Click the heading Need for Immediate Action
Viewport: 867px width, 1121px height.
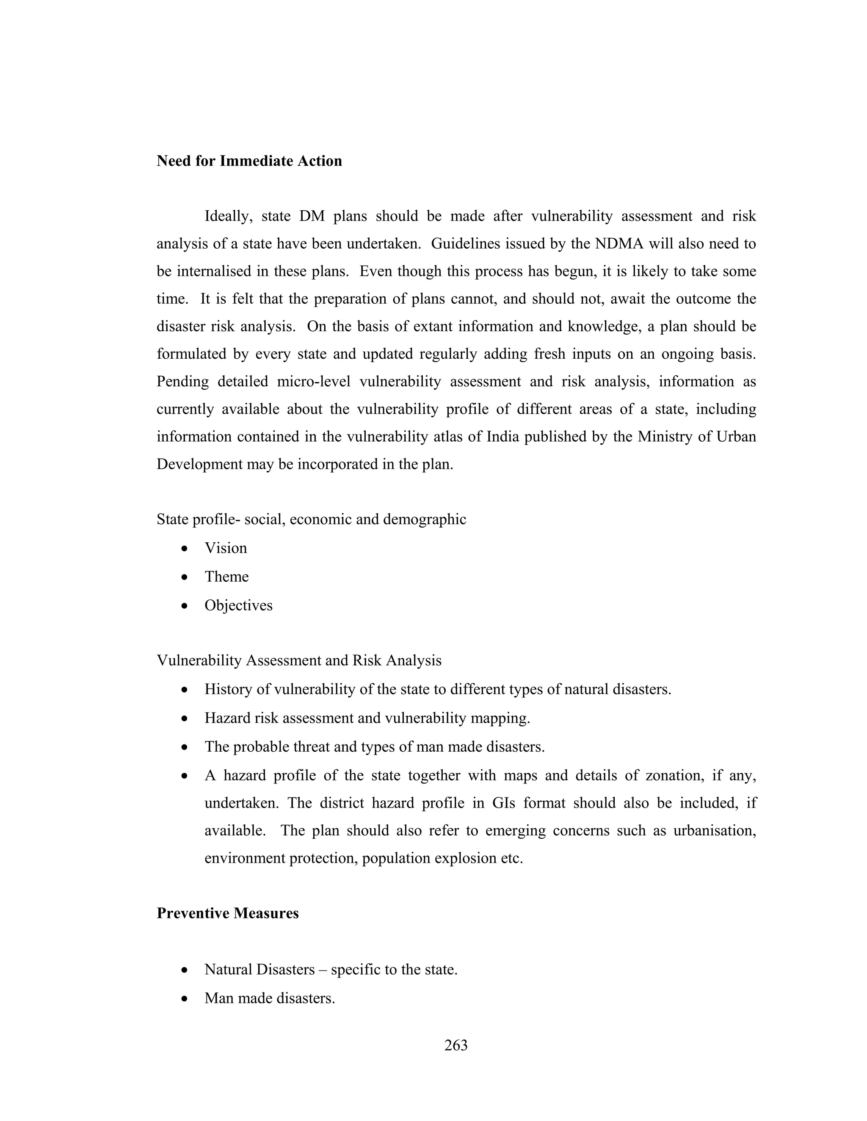(x=249, y=161)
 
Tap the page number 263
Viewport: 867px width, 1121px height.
(x=456, y=1046)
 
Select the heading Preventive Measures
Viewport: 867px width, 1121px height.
(x=227, y=914)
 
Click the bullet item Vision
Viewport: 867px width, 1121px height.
(x=226, y=548)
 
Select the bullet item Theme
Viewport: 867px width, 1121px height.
(x=226, y=577)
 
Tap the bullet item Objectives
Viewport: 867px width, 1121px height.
(x=238, y=606)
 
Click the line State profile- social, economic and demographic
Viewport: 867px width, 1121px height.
(x=311, y=519)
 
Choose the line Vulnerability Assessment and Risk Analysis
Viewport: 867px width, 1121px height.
(x=299, y=661)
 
